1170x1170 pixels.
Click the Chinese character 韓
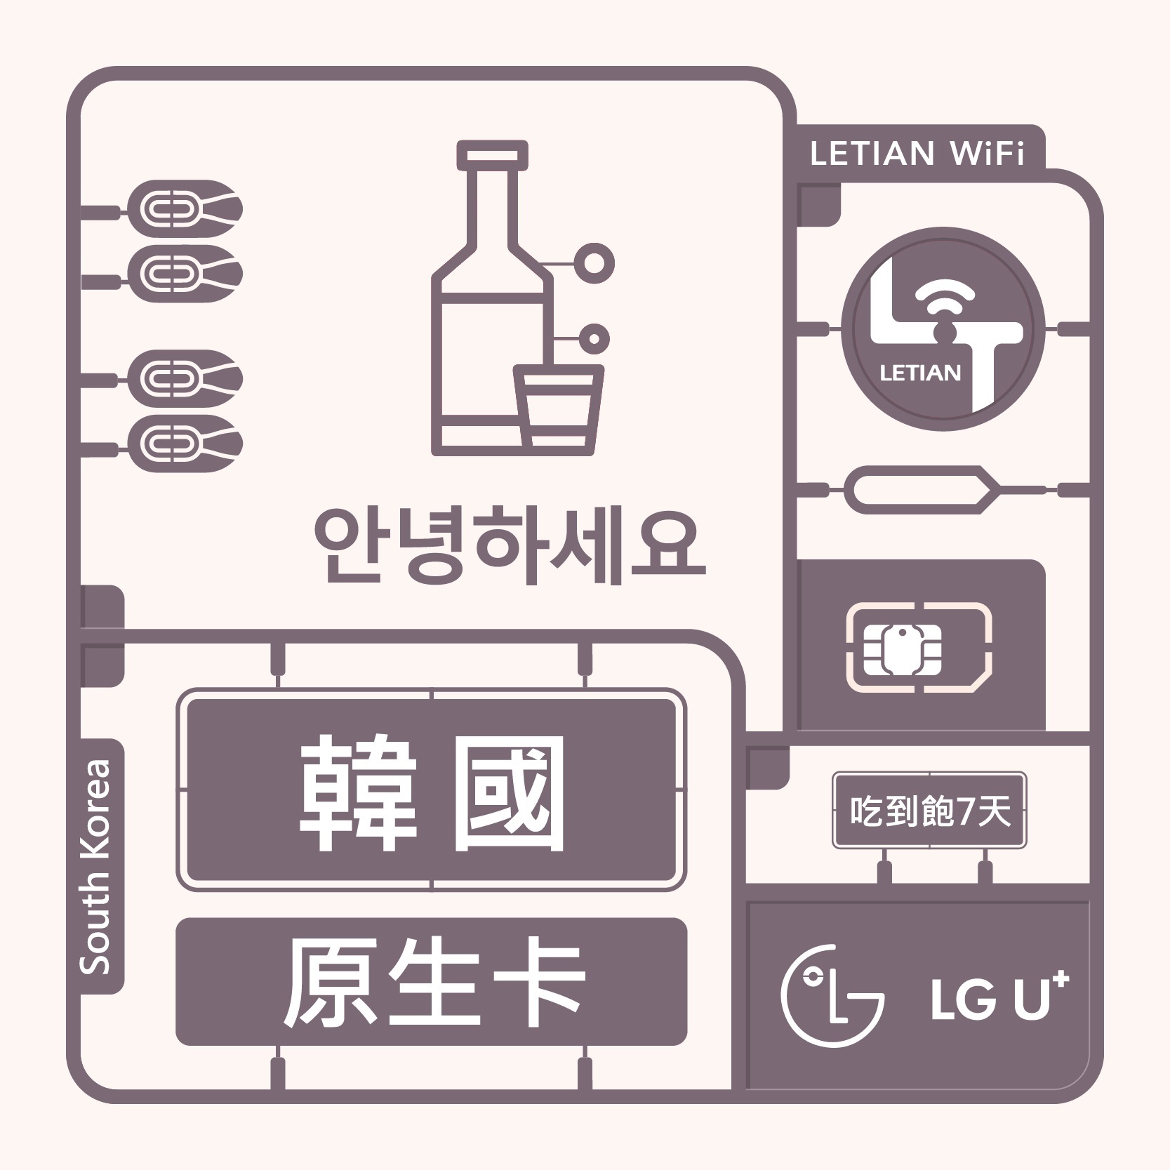point(358,792)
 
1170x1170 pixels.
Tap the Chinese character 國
point(509,792)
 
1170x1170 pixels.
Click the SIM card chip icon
point(903,648)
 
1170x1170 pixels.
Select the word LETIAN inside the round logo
point(919,373)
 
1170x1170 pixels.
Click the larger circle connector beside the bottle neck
point(594,263)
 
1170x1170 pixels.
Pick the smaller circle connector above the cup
point(594,339)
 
